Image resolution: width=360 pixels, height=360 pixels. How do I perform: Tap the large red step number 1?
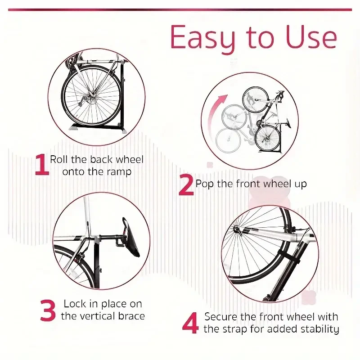tap(41, 165)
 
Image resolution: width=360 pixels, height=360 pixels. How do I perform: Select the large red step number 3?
tap(48, 310)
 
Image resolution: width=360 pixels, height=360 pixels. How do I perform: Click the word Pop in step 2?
tap(204, 184)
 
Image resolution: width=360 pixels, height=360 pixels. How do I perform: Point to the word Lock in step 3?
tap(75, 304)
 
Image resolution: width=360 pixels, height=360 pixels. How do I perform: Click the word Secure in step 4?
tap(220, 317)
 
